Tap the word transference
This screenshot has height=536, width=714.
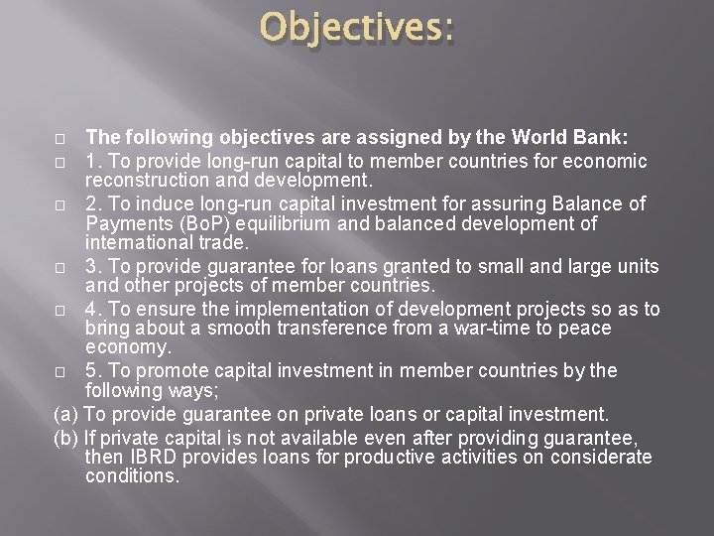349,328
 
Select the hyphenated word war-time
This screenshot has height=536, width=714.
482,328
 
